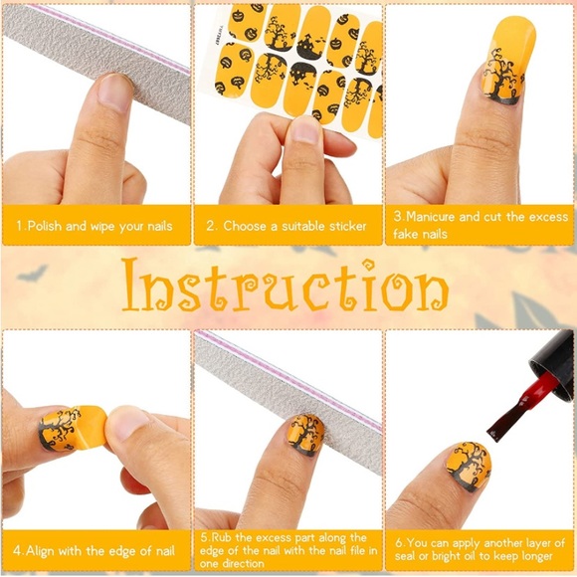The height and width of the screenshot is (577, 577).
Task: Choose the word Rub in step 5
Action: point(225,538)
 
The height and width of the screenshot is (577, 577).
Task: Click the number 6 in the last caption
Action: point(398,543)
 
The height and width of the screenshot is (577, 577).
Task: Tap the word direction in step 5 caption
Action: point(255,563)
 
